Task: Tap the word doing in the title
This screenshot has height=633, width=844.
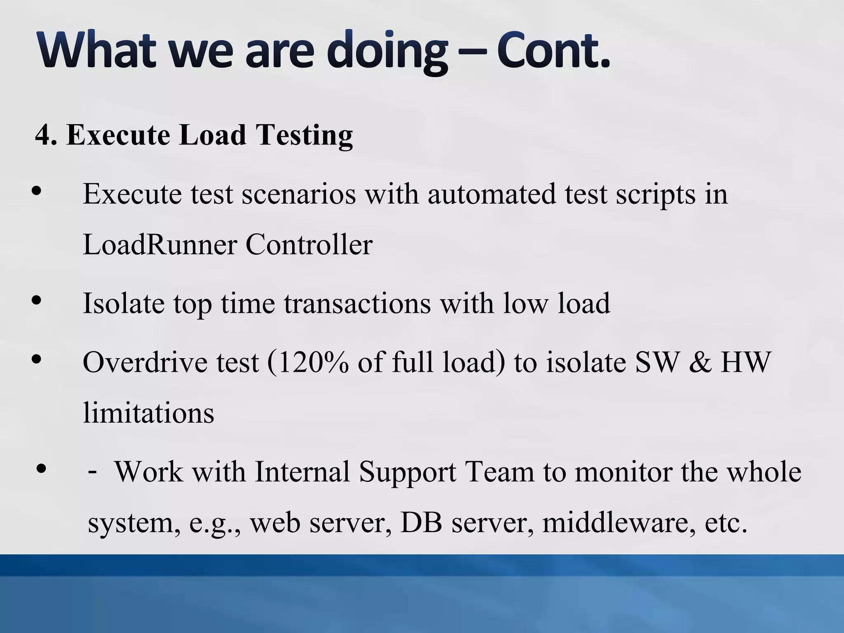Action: pos(387,52)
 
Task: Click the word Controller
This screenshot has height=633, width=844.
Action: pos(309,244)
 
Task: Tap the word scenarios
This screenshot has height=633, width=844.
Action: pos(299,194)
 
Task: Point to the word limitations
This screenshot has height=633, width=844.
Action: pos(148,413)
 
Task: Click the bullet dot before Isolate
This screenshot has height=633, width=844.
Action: pos(37,300)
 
